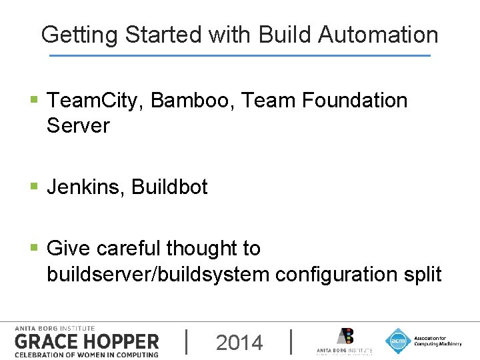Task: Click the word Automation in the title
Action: point(378,35)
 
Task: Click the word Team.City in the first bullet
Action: point(96,101)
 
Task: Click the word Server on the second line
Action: point(78,125)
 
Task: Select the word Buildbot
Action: point(170,187)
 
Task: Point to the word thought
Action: point(203,249)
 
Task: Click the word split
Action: point(422,274)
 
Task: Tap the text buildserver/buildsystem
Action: point(158,274)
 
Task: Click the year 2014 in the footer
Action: point(239,343)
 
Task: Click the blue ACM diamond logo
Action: point(397,341)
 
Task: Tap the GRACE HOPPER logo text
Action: point(87,342)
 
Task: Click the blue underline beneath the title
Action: point(240,55)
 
